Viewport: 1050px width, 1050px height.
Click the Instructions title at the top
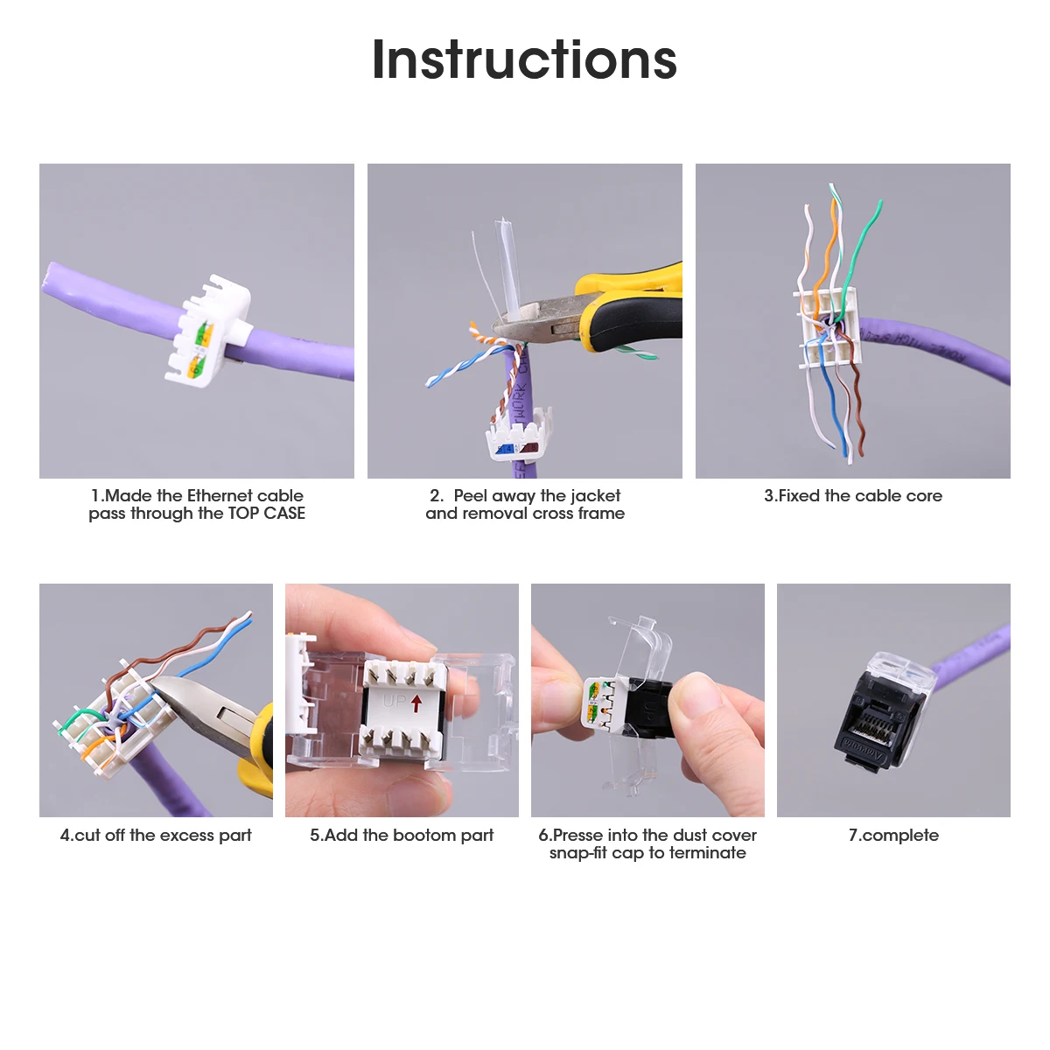(524, 59)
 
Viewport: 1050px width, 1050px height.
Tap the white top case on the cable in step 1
(208, 330)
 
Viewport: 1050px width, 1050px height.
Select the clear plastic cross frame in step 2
(507, 267)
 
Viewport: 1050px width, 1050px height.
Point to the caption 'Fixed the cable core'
(853, 496)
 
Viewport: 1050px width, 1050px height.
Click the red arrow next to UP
(416, 703)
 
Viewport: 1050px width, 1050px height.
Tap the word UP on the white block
(394, 701)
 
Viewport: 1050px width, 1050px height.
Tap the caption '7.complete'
(893, 836)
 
